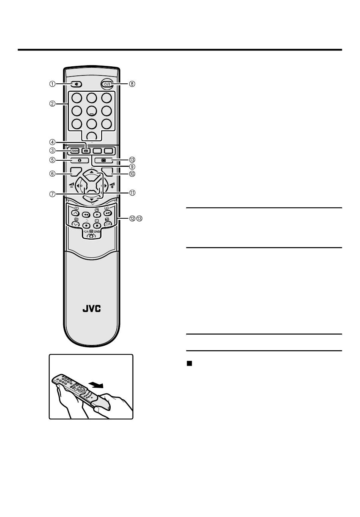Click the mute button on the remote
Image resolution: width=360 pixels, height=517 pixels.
pyautogui.click(x=76, y=84)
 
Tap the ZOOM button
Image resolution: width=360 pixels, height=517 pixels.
pyautogui.click(x=75, y=150)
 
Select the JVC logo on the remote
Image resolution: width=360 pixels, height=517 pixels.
pyautogui.click(x=92, y=309)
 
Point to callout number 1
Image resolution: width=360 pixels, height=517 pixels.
pyautogui.click(x=52, y=84)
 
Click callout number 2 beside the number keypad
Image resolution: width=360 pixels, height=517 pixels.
pyautogui.click(x=52, y=103)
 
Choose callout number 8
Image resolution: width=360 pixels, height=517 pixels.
pyautogui.click(x=132, y=84)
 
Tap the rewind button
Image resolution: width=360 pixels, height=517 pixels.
pyautogui.click(x=86, y=214)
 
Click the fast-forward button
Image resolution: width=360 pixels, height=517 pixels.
pyautogui.click(x=107, y=214)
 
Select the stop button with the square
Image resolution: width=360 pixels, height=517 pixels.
pyautogui.click(x=97, y=225)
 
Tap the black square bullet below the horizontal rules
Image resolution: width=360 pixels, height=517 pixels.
pyautogui.click(x=189, y=363)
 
